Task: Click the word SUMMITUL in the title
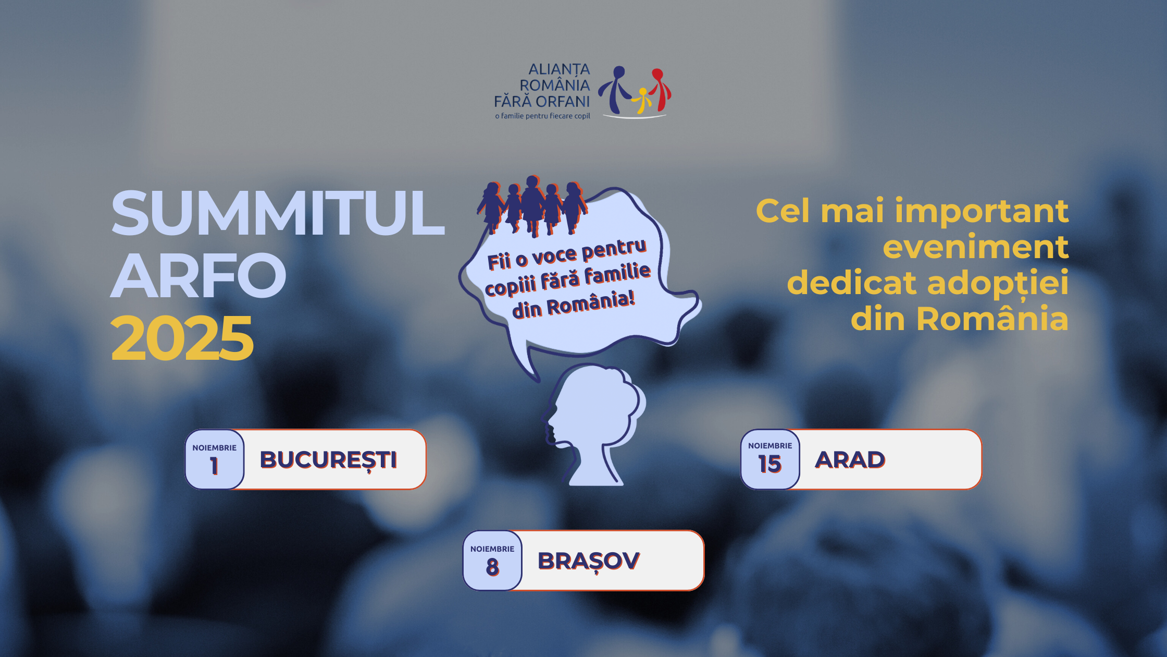pos(278,213)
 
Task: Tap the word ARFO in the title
pos(198,275)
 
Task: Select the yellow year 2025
pos(182,338)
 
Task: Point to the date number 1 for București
pos(214,466)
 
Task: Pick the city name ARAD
pos(850,460)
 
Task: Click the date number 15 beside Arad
pos(770,464)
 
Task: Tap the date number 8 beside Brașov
pos(492,567)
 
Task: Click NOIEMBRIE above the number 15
pos(770,446)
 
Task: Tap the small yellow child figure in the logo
pos(642,101)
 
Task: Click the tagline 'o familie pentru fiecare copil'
pos(542,116)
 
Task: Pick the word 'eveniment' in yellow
pos(976,247)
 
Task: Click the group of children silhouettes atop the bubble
pos(532,205)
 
